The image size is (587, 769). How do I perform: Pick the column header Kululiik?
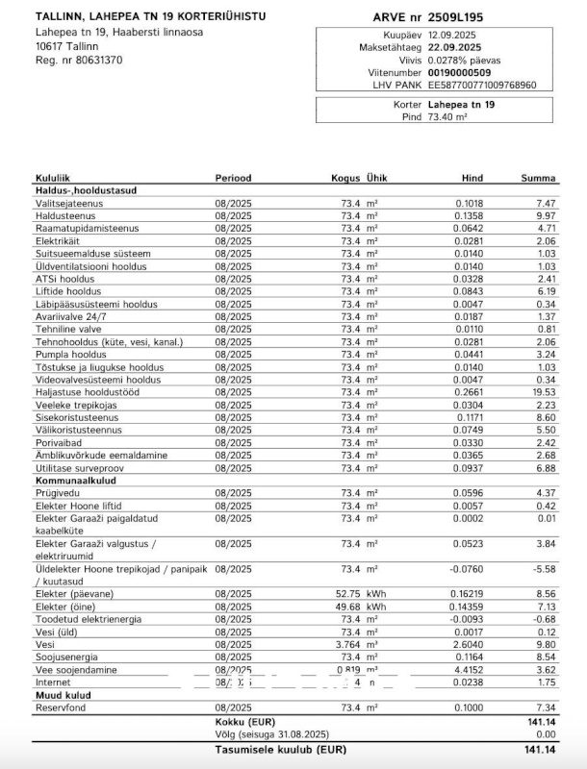pos(53,178)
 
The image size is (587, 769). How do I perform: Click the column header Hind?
pos(472,178)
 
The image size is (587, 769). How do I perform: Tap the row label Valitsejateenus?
pos(69,204)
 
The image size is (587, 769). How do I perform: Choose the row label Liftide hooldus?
pos(67,291)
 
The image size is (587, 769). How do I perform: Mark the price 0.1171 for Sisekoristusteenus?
pos(470,416)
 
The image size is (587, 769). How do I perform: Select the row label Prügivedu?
pos(58,492)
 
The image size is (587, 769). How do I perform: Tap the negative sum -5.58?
pos(545,569)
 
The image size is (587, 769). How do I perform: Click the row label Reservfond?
pos(62,707)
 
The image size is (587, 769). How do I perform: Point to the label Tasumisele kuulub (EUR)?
pos(280,749)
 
